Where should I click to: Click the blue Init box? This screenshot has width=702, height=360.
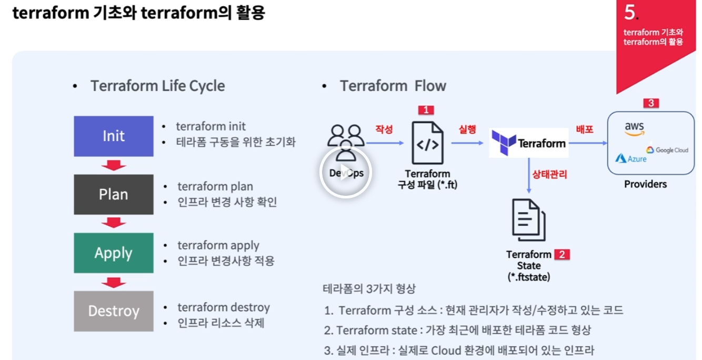tap(114, 136)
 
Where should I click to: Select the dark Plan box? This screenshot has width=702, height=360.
tap(114, 194)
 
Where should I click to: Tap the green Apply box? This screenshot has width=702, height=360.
tap(114, 253)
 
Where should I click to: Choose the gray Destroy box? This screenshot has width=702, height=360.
tap(114, 311)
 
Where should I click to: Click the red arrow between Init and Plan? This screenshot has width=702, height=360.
tap(114, 166)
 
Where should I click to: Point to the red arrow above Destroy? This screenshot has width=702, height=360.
tap(114, 283)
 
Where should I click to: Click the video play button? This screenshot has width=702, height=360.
tap(345, 173)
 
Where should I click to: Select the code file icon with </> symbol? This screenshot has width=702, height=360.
tap(427, 143)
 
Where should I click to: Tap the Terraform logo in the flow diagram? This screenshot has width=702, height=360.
tap(529, 143)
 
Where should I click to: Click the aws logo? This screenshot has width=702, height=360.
tap(634, 129)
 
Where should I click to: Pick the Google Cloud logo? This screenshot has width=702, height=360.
tap(667, 150)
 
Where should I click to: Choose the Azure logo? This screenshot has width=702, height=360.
tap(631, 158)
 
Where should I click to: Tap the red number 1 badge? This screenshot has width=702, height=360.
tap(426, 110)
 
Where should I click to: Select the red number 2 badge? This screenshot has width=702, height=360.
tap(562, 255)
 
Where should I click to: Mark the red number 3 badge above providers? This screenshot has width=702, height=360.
tap(650, 103)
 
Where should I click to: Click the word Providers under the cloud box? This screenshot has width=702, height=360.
tap(645, 184)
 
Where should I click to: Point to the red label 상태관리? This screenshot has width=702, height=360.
tap(550, 173)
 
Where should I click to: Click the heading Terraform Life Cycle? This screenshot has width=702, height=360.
tap(157, 86)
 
